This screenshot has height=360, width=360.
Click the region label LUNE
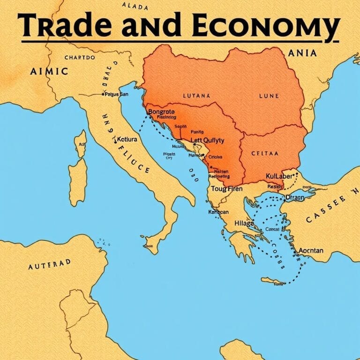[269, 96]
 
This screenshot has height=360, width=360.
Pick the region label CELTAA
[265, 153]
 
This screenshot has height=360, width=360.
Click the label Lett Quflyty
[207, 140]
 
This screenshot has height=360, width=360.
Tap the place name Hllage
[244, 224]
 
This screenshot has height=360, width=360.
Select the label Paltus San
[117, 94]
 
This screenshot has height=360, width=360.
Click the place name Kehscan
[218, 212]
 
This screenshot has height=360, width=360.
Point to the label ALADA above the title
[135, 7]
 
